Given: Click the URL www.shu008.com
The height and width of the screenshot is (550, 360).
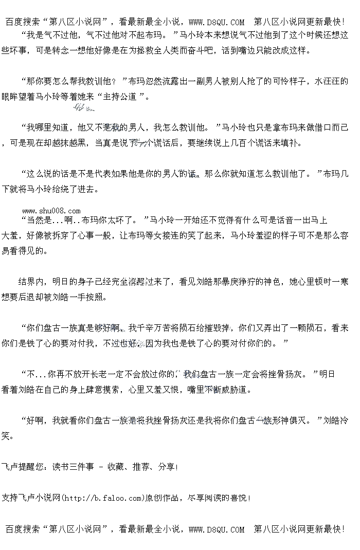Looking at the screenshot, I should click(x=51, y=211).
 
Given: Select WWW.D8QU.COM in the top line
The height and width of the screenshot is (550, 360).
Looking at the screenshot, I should click(x=217, y=22).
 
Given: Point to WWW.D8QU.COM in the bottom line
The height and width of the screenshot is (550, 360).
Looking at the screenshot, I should click(x=217, y=529).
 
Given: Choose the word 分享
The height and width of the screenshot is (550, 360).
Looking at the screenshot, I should click(x=167, y=467).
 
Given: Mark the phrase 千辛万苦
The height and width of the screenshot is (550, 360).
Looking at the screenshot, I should click(x=154, y=327).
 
